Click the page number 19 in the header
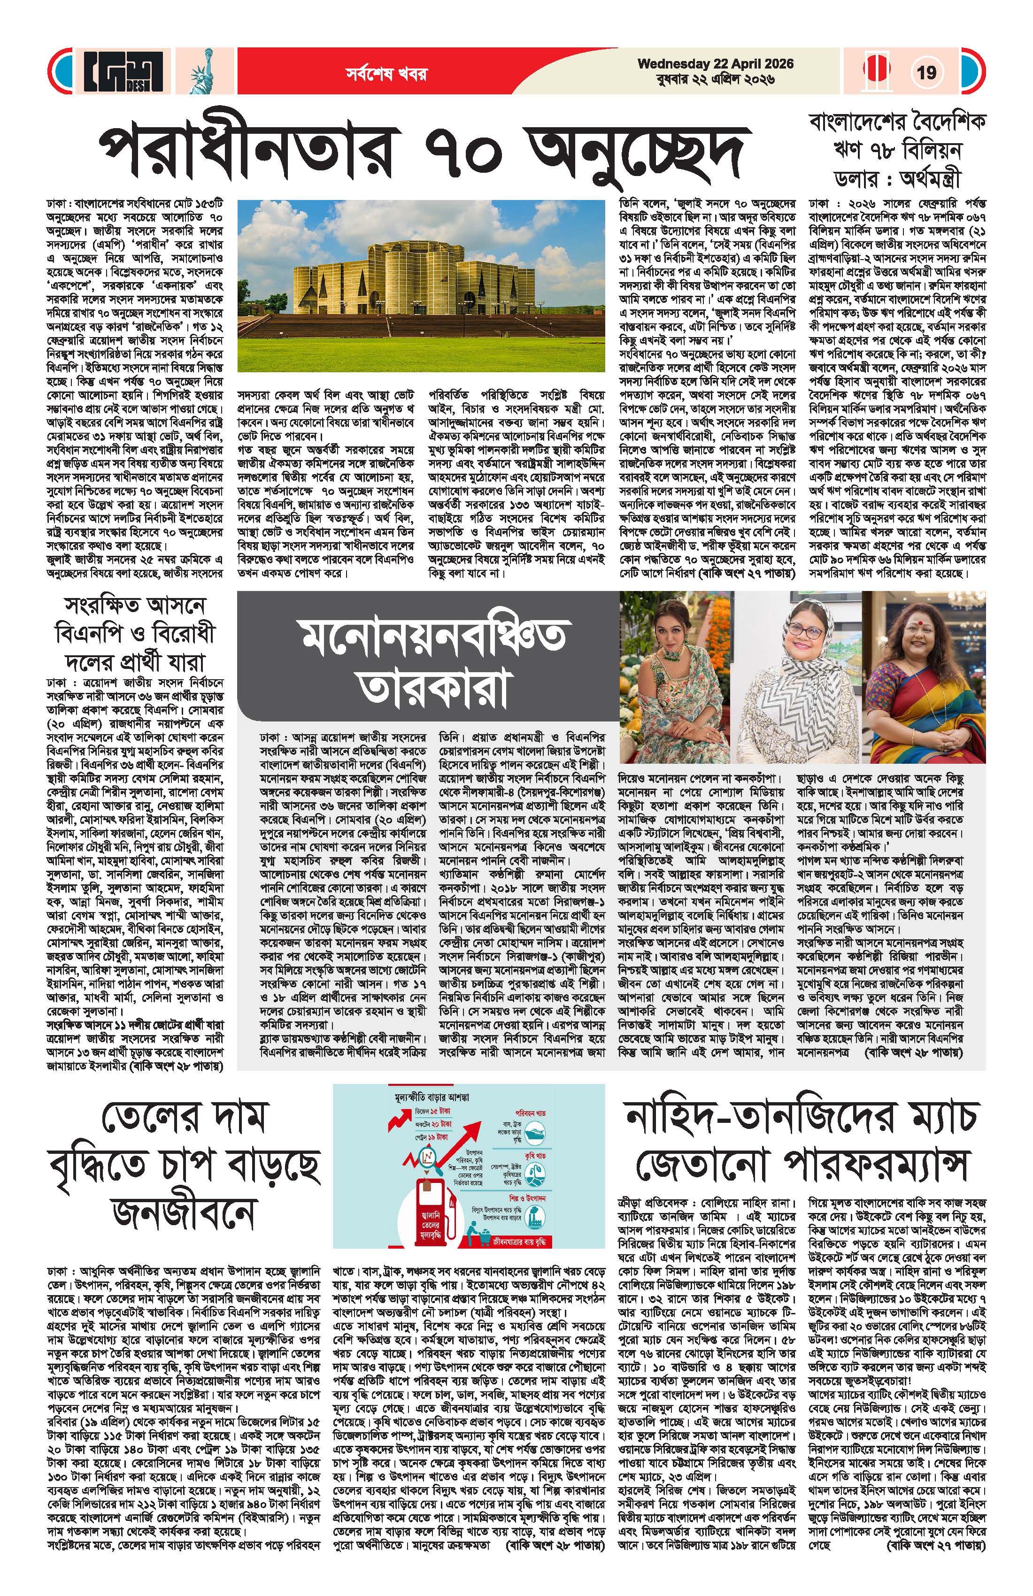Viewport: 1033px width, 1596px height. pyautogui.click(x=926, y=72)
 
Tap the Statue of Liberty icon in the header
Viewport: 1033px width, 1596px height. pyautogui.click(x=200, y=72)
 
